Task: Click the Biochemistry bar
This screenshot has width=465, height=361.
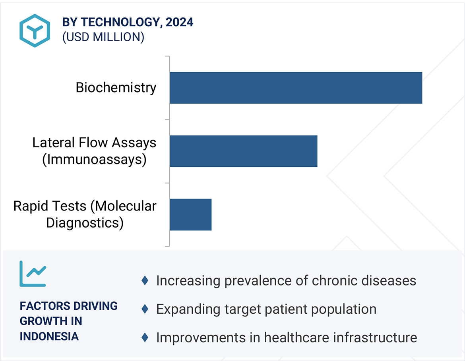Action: coord(296,88)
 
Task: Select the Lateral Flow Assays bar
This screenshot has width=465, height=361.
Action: coord(244,151)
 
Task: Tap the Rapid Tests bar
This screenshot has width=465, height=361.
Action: coord(191,214)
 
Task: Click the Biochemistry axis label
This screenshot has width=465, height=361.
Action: coord(116,88)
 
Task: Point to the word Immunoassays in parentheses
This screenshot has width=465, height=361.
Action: coord(94,160)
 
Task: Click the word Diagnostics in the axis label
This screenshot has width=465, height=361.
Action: coord(85,223)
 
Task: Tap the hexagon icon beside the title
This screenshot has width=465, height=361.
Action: coord(35,31)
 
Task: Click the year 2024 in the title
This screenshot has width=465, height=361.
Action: coord(179,22)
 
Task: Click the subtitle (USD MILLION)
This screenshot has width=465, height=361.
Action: coord(103,37)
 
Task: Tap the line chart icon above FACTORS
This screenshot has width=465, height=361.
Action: coord(33,274)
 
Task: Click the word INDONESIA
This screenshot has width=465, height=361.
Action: coord(49,336)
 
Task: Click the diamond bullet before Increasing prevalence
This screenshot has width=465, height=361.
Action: coord(145,280)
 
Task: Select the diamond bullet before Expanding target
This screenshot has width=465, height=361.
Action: coord(145,309)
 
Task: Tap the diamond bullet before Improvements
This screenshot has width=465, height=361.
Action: coord(145,337)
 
